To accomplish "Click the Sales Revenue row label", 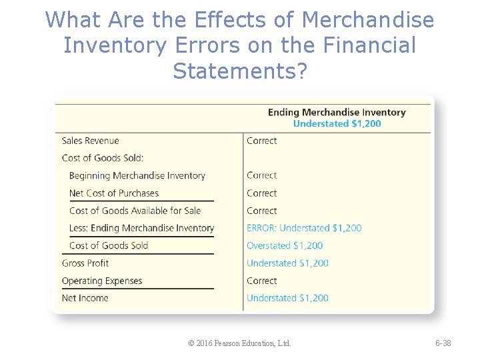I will point(90,141).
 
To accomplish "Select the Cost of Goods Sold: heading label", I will point(103,158).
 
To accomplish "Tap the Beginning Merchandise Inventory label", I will point(137,175).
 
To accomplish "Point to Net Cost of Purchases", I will point(114,193).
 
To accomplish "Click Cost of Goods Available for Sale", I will point(135,211).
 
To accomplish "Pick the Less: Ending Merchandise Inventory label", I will point(141,228).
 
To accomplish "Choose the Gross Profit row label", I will point(85,263).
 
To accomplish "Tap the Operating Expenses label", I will point(102,281).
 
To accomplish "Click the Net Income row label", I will point(85,298).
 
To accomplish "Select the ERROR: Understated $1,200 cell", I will point(304,228).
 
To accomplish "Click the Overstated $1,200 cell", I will point(285,245).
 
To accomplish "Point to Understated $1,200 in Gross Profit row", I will point(287,263).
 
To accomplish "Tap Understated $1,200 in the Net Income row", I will point(287,298).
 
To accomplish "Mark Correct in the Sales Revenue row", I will point(261,141).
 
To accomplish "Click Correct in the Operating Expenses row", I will point(261,281).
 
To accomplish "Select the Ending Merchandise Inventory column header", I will point(337,112).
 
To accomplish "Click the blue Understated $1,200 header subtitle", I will point(337,123).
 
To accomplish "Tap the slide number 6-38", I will point(443,343).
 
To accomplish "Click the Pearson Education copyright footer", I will point(239,343).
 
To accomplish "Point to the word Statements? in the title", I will point(240,70).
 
